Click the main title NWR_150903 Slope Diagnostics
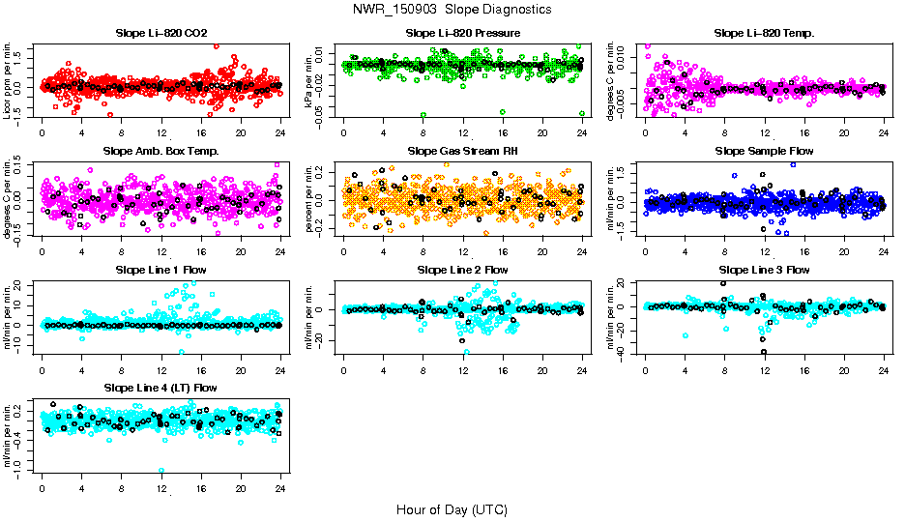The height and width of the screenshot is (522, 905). coord(452,10)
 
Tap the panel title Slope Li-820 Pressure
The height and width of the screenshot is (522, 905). coord(463,34)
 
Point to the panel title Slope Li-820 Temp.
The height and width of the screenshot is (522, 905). coord(764,34)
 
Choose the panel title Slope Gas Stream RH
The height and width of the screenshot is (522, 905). coord(463,152)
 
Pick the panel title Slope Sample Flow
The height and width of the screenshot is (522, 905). coord(764,152)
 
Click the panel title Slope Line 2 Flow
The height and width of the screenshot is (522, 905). coord(463,270)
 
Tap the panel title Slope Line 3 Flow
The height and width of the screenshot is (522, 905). coord(764,270)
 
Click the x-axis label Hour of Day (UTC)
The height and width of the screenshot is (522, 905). coord(452,509)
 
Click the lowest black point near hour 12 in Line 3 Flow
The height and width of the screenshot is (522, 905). coord(764,352)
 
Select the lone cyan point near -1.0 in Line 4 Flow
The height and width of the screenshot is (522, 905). coord(161,471)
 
